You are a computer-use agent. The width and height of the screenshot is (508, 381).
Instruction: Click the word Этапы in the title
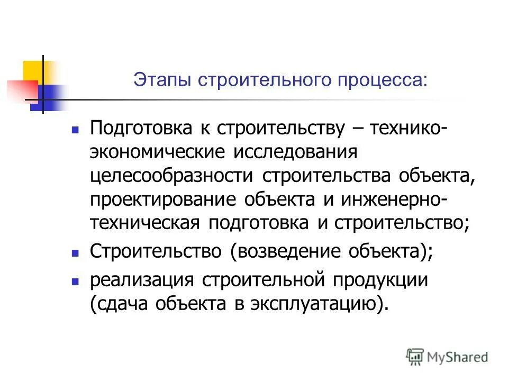162,81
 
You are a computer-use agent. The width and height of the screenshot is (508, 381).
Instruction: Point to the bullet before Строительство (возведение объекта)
75,253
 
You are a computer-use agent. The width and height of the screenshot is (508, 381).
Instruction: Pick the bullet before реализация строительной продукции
75,283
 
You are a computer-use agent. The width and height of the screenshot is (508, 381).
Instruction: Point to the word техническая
144,223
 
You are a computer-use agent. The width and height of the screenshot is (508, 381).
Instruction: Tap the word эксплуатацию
324,304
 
